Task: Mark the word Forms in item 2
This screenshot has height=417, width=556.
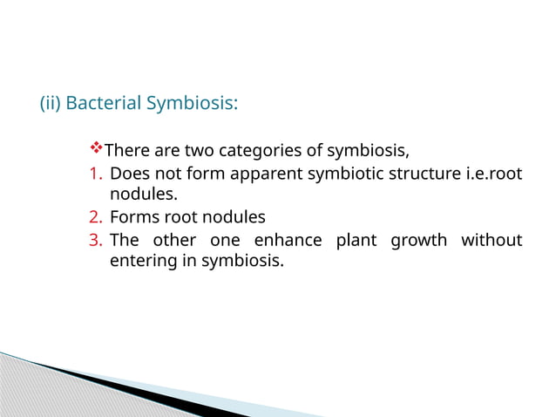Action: coord(132,217)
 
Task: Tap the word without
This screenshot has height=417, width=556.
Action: coord(492,240)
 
